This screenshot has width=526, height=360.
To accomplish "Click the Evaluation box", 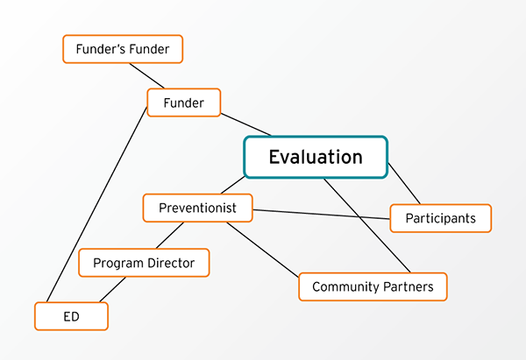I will point(316,158).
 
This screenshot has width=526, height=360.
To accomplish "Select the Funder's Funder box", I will point(123,49).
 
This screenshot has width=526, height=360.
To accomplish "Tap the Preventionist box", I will point(197,208).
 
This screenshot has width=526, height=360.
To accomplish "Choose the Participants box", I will point(441,218).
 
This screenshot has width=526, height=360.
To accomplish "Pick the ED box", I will point(71,316).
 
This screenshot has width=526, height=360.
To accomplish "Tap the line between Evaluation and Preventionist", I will point(232,186).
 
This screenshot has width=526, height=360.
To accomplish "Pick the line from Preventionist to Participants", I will point(320,213).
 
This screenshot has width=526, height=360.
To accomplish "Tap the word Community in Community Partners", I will point(342,287).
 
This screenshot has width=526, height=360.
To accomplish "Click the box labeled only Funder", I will point(183,102).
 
